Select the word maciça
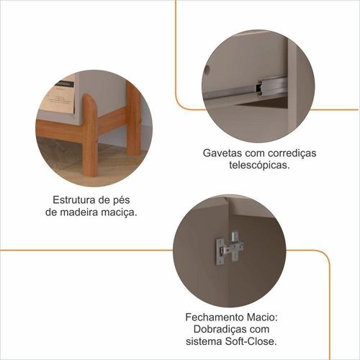click(122, 212)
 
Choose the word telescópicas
click(259, 166)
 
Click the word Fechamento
click(215, 318)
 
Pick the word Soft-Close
click(251, 341)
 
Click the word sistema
click(204, 341)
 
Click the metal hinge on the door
click(230, 248)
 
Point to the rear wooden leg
click(134, 120)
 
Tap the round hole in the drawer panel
click(207, 69)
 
